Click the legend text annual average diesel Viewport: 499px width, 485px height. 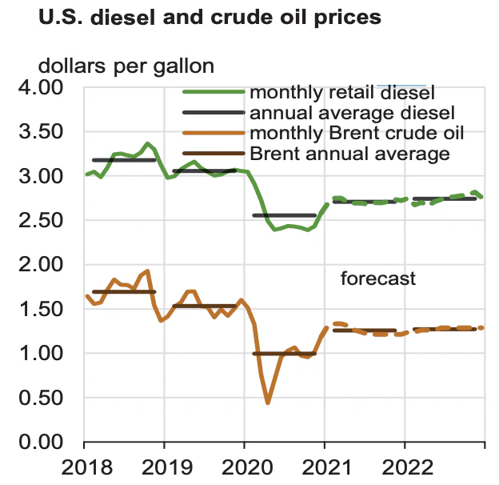352,113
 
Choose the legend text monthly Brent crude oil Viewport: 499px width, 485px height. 357,133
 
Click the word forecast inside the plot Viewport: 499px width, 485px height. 378,279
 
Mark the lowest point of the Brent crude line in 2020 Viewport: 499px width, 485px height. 268,403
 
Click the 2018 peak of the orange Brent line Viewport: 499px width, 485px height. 147,271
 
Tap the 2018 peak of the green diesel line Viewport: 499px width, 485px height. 146,144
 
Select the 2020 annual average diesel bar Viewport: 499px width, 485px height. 284,215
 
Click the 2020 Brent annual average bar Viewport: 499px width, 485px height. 284,353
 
